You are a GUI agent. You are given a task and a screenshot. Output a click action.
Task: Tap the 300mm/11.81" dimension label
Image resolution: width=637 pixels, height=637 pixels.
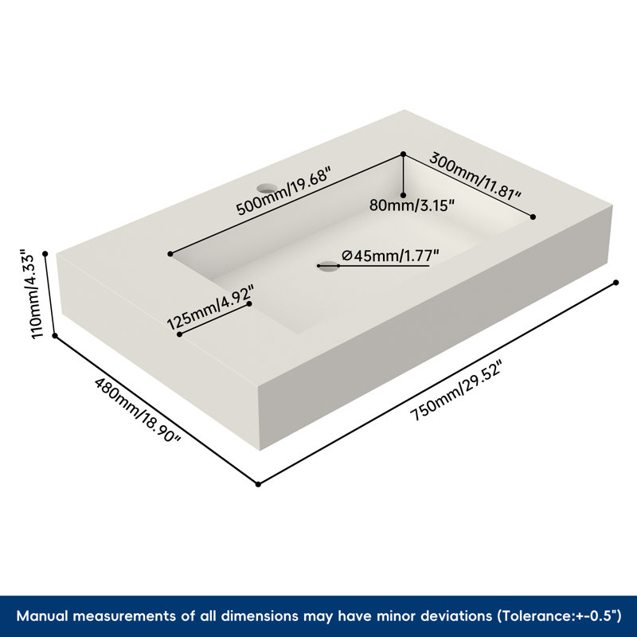[475, 175]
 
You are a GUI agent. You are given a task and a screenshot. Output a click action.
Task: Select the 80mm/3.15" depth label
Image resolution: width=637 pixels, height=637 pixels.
[411, 205]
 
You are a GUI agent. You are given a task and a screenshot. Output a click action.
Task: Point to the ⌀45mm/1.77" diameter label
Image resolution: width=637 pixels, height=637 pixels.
[390, 256]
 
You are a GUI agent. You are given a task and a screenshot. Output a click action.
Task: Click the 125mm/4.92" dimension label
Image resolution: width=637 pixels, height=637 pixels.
[211, 307]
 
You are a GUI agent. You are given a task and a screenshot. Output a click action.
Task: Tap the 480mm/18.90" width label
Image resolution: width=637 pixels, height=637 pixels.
[137, 410]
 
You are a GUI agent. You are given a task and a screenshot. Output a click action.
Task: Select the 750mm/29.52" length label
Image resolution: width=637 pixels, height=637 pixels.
[456, 390]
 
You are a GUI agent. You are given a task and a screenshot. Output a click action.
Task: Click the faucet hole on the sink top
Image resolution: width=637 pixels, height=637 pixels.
[267, 188]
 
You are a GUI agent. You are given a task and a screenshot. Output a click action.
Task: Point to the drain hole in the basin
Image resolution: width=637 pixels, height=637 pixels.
[328, 267]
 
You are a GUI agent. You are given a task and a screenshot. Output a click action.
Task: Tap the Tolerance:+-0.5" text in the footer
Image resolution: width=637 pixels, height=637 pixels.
[560, 616]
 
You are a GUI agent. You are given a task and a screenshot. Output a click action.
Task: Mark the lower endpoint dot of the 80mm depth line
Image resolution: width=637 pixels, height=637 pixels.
[404, 195]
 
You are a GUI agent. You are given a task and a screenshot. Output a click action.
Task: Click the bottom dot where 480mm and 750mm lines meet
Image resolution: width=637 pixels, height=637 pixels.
[258, 484]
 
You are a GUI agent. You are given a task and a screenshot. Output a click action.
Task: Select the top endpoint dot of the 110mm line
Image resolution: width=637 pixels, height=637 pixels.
[45, 254]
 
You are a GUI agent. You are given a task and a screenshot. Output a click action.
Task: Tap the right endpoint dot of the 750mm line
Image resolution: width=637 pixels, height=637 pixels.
[616, 283]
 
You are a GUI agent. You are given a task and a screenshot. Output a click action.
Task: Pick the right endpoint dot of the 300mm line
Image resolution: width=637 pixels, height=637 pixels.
[533, 217]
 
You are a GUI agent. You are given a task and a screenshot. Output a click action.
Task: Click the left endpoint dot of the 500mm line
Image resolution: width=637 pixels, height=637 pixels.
[170, 254]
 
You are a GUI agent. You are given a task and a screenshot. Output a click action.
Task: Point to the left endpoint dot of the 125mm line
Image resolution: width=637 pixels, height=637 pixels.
[179, 334]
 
